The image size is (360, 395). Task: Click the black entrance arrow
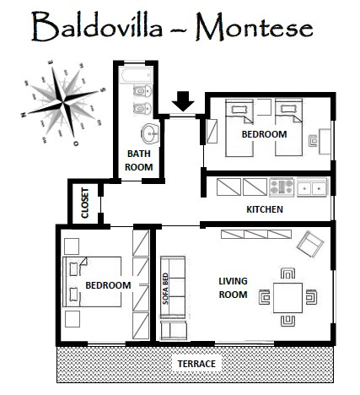click(183, 101)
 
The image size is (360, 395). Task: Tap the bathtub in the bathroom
click(136, 75)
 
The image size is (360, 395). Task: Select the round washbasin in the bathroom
click(150, 133)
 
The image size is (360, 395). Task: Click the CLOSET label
click(85, 203)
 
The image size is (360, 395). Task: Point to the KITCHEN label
click(265, 209)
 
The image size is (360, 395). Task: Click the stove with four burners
click(282, 187)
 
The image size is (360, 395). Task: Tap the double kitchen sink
click(312, 187)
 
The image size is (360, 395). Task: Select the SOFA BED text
click(165, 289)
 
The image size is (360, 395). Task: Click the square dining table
click(287, 298)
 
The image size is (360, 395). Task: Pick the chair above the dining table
click(287, 273)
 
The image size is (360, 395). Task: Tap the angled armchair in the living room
click(310, 244)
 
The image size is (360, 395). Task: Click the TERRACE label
click(196, 364)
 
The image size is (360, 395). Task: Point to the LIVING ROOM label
click(233, 288)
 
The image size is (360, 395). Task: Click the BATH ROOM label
click(139, 160)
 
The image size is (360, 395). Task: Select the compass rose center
click(63, 102)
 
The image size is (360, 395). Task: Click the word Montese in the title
click(255, 27)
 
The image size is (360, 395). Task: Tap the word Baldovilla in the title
click(97, 26)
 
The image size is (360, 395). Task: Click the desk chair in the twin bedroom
click(313, 141)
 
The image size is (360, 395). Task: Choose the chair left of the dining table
click(265, 297)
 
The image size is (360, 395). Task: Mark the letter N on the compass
click(24, 114)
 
